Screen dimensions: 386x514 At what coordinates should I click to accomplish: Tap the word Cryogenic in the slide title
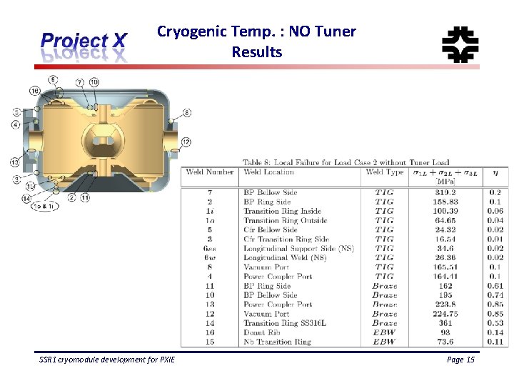point(187,31)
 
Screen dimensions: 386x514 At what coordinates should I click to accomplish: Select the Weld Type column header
point(384,172)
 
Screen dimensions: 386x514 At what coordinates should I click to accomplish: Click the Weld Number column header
point(210,172)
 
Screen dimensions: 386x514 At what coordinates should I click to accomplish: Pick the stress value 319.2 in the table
point(446,192)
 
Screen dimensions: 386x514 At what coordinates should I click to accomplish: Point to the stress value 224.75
point(446,314)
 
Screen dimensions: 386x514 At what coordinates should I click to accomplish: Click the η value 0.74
point(495,295)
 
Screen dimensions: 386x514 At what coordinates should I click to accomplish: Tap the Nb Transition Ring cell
point(277,342)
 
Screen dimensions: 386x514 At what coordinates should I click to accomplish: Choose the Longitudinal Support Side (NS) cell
point(298,248)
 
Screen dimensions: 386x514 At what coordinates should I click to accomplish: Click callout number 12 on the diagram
point(186,142)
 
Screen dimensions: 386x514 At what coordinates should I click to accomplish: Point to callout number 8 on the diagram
point(186,113)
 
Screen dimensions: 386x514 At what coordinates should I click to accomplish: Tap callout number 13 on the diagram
point(15,162)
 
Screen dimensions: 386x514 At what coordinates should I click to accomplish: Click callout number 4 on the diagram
point(16,125)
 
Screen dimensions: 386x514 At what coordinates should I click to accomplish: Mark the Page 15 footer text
point(460,360)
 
